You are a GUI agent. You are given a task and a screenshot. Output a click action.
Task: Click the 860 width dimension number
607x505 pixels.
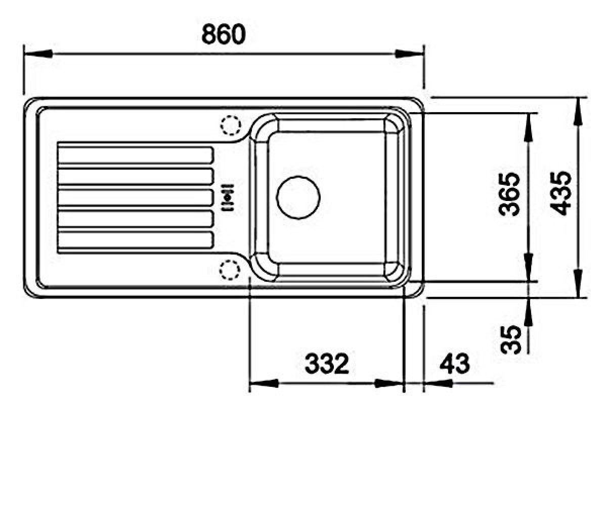coord(224,34)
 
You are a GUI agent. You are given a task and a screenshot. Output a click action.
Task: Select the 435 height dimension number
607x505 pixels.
coord(560,193)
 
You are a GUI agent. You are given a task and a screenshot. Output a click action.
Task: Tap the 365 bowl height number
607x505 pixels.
coord(509,194)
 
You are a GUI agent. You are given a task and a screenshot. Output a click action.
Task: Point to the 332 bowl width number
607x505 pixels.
coord(327,364)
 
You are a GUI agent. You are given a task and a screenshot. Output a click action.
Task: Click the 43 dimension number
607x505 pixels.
coord(455,364)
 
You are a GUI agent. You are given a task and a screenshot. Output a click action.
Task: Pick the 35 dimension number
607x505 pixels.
coord(511,339)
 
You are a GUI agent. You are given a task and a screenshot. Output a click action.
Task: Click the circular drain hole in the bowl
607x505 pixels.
coord(298,197)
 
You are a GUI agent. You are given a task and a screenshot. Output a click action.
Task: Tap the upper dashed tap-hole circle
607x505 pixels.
coord(231,125)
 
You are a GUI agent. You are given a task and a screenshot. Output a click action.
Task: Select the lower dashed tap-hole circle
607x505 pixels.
coord(230,270)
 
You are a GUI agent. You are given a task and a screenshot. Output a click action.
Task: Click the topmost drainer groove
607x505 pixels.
coord(136,155)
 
